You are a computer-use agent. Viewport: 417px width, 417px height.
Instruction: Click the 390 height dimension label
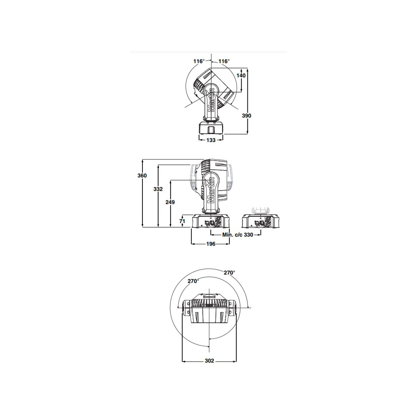[246, 116]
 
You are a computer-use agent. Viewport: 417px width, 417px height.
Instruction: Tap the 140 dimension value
[241, 75]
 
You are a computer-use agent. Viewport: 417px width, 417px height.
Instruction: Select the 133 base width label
[211, 140]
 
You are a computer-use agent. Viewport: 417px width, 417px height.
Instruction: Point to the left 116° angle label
[199, 61]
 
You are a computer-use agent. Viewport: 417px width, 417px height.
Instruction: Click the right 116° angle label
[224, 61]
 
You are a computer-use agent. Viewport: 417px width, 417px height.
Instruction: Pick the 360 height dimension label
[142, 175]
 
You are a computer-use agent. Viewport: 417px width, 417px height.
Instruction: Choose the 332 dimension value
[158, 189]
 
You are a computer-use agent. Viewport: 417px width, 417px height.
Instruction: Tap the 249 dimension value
[170, 202]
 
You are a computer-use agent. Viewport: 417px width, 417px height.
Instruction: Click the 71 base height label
[182, 221]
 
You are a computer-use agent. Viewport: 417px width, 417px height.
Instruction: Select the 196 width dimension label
[211, 244]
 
